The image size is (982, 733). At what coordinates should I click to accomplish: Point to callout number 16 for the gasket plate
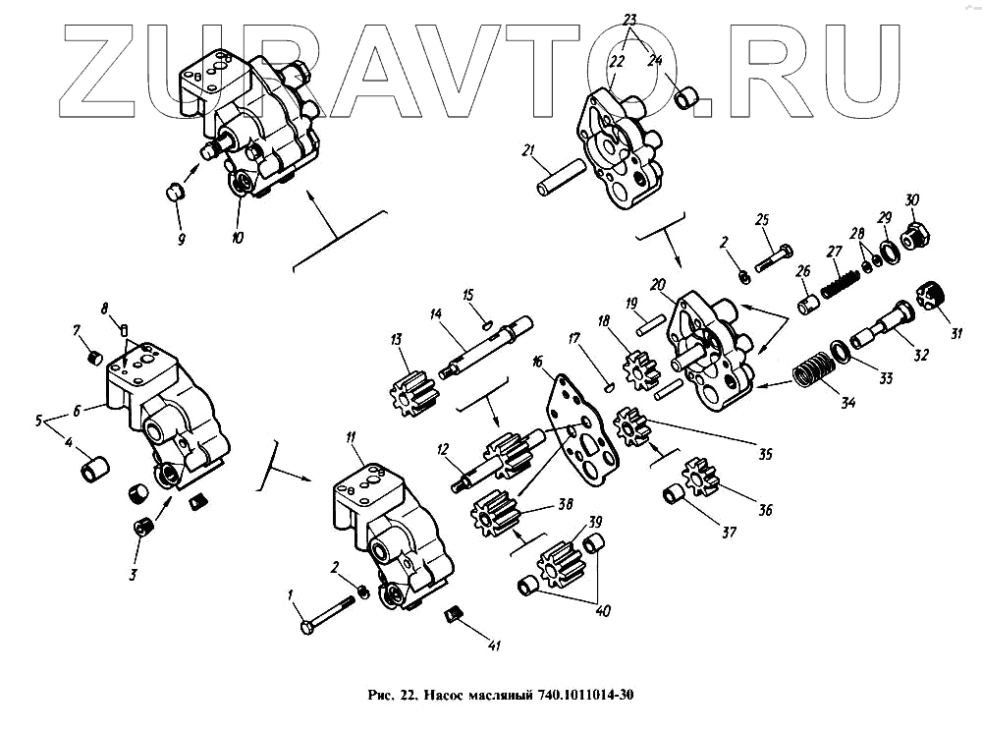tap(536, 362)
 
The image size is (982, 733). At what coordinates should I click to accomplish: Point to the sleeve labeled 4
tap(93, 469)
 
